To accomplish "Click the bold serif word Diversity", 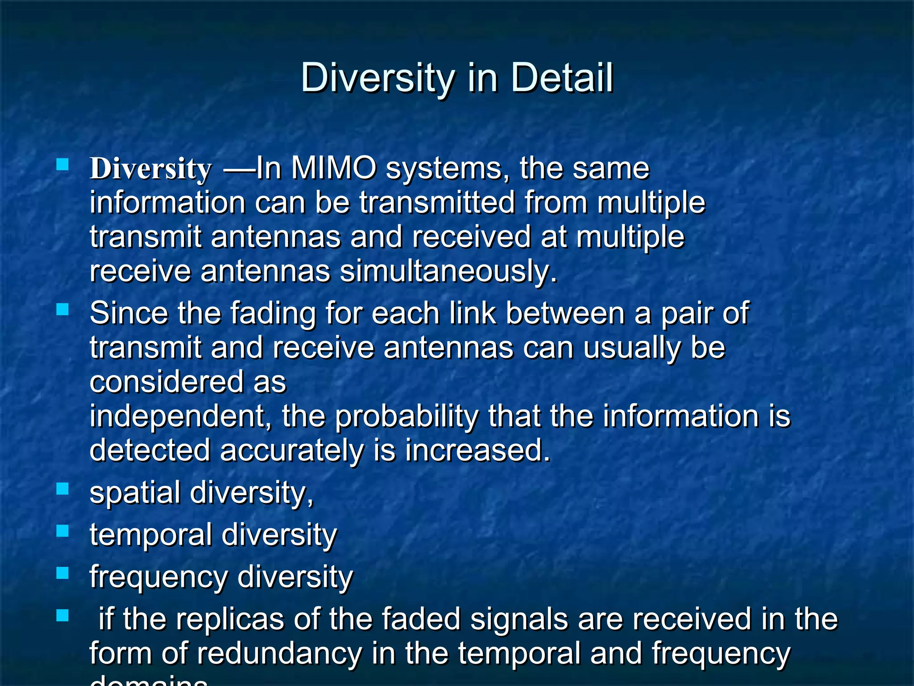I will coord(150,169).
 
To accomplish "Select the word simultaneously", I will coord(449,271).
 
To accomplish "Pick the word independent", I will coord(180,416).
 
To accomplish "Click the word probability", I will coord(406,416).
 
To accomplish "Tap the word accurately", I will coord(292,450).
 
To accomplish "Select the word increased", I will coord(478,450).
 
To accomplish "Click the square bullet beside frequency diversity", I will coord(62,573).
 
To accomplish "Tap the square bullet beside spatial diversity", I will coord(62,489).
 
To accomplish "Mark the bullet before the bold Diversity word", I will coord(62,165).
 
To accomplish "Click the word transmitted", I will coord(437,202).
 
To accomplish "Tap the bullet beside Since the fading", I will coord(62,309).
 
